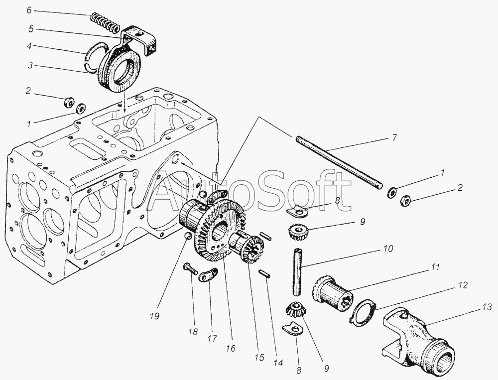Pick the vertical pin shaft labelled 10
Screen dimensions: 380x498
click(x=298, y=271)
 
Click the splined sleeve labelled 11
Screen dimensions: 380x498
click(x=333, y=296)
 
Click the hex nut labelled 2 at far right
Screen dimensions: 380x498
click(x=405, y=200)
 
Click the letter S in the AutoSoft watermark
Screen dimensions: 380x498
click(x=268, y=191)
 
